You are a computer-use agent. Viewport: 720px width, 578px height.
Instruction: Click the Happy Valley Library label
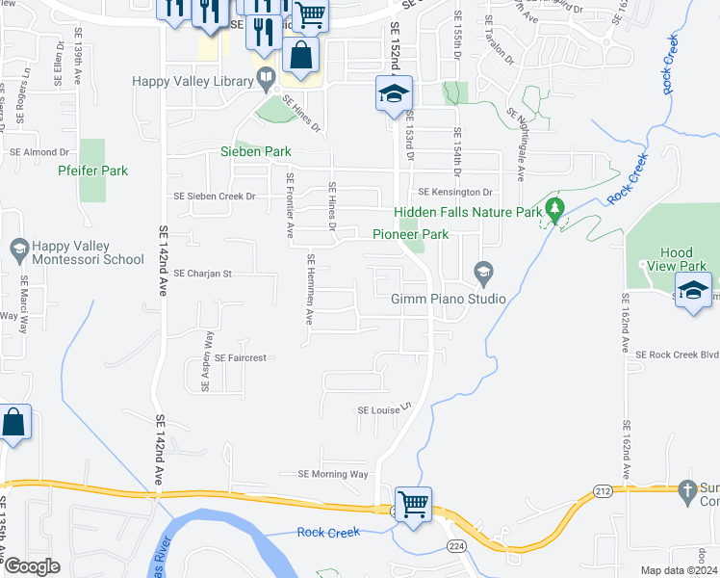[196, 82]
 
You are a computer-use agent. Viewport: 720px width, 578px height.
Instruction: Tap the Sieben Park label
[257, 152]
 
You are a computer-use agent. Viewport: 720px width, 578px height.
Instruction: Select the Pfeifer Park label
[92, 171]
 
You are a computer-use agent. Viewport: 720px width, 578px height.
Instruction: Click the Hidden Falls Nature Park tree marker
[553, 208]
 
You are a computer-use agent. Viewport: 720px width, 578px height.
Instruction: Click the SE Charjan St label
[204, 275]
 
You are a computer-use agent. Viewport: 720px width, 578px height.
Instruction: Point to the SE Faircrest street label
[240, 358]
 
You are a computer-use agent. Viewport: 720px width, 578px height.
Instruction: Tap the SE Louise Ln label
[384, 410]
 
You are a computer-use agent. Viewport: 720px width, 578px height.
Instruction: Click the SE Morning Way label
[333, 474]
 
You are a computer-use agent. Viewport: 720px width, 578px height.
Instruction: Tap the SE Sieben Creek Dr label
[214, 197]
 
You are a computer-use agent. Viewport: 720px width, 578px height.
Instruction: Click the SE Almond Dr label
[39, 152]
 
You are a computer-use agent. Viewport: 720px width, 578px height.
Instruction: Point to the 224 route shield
[453, 546]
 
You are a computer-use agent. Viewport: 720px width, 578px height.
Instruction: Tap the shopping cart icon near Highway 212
[413, 504]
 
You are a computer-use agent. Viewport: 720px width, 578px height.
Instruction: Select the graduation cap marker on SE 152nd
[393, 93]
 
